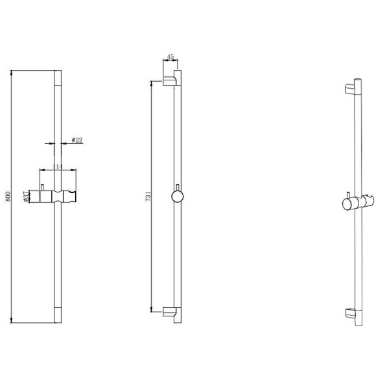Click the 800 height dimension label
pos(8,196)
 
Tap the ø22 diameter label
pos(77,140)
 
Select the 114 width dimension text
pos(58,167)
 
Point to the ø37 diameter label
pos(26,196)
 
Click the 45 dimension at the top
pos(170,57)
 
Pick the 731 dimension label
pos(148,196)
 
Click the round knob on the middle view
pos(178,196)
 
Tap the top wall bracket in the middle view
pos(170,81)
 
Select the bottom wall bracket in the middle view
pos(170,312)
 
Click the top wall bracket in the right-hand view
pos(349,89)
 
